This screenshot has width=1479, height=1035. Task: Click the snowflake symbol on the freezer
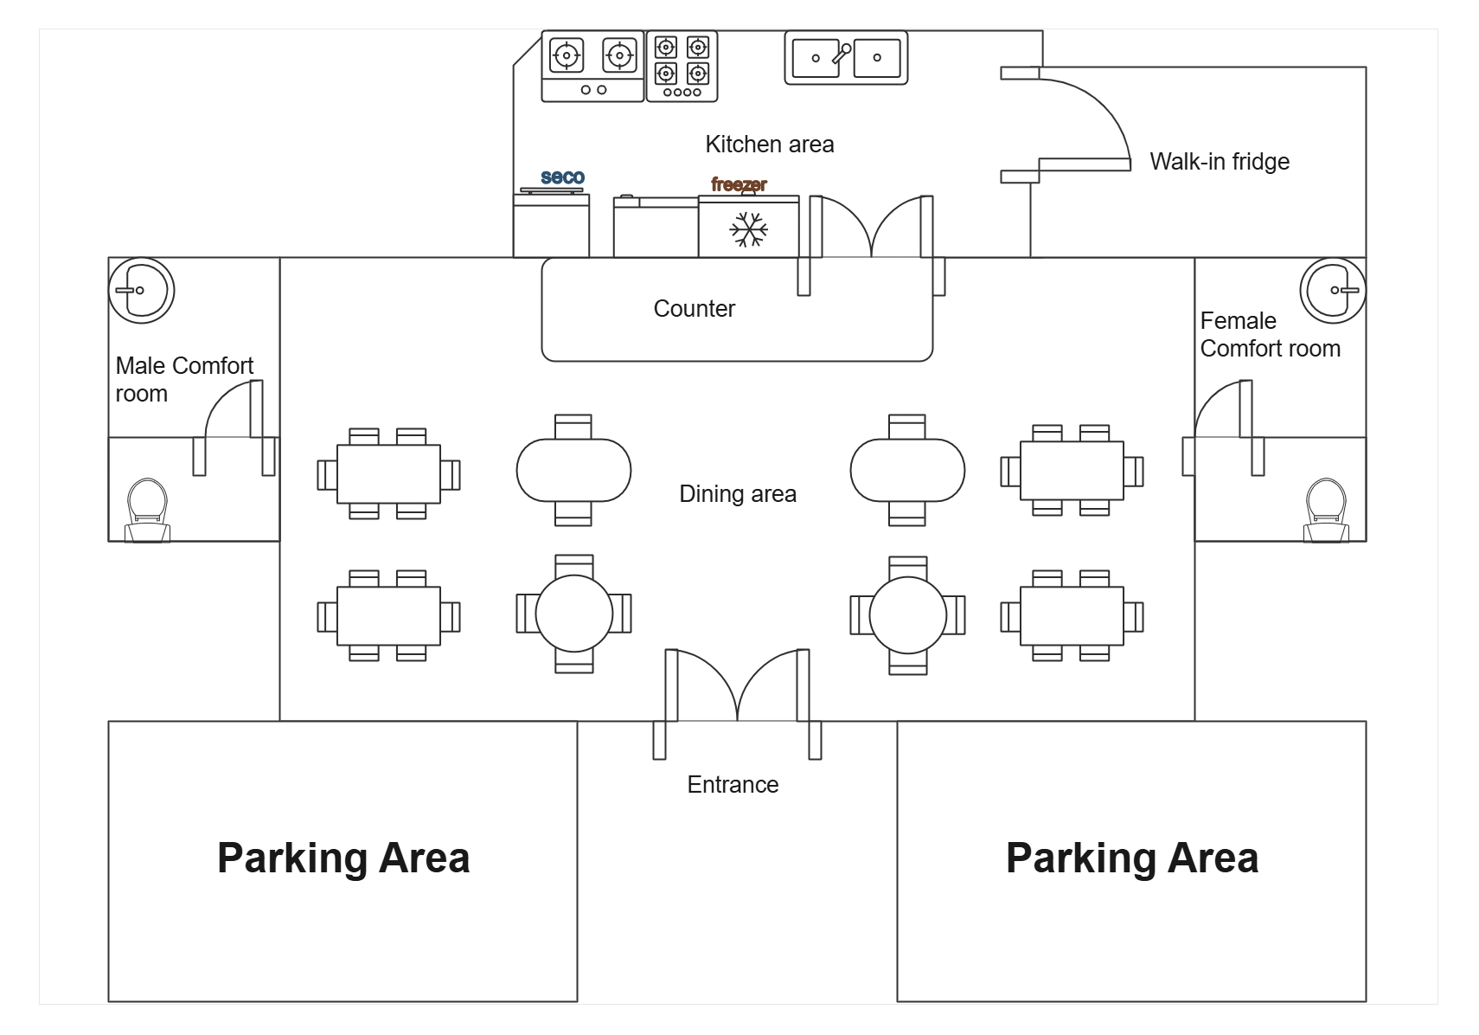(x=748, y=229)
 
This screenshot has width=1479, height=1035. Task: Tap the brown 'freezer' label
(x=739, y=184)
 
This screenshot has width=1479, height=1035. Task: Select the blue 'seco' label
(x=562, y=177)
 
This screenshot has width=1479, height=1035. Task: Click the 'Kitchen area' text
(x=769, y=145)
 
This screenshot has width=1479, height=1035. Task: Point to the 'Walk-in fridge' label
(x=1219, y=162)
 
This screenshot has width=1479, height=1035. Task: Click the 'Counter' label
(x=694, y=309)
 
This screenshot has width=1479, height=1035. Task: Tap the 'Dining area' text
(x=737, y=494)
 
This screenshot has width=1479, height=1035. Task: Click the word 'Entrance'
(x=733, y=785)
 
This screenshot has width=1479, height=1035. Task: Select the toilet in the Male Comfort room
(x=147, y=511)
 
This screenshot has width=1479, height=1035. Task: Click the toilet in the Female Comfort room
(x=1326, y=511)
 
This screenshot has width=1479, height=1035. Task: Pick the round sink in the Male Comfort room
(x=142, y=290)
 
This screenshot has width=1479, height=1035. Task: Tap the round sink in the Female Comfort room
(x=1333, y=290)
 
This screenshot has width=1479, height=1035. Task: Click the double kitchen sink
(x=846, y=58)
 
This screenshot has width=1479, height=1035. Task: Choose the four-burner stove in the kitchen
(x=682, y=67)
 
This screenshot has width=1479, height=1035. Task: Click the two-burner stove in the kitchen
(x=592, y=66)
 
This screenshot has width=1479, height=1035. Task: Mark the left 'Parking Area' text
(x=343, y=858)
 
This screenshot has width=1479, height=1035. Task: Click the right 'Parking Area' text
(x=1131, y=858)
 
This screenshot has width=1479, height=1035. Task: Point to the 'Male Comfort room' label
(x=183, y=379)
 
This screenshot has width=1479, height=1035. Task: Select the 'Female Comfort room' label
(x=1269, y=335)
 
